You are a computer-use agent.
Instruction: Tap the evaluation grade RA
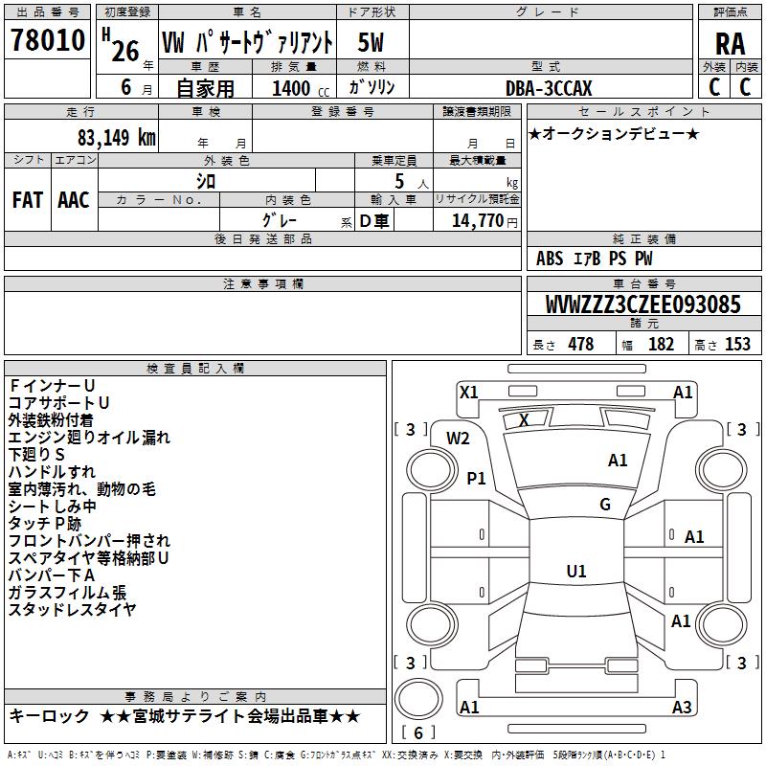pos(730,43)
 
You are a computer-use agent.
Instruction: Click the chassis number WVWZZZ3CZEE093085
pos(642,305)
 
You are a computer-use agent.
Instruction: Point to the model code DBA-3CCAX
pos(550,88)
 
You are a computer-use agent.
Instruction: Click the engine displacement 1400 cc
pos(296,89)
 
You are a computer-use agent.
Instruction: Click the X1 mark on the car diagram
pos(468,392)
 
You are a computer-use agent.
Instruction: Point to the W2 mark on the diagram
pos(458,438)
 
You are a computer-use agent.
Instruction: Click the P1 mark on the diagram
pos(476,478)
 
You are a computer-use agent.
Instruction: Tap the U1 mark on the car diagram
pos(575,571)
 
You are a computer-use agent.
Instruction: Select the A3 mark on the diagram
pos(682,708)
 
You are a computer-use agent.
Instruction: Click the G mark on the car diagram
pos(605,505)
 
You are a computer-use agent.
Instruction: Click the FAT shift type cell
pos(27,200)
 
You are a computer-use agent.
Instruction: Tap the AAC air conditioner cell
pos(74,200)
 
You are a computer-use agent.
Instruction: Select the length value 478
pos(580,345)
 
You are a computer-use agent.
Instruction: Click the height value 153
pos(737,345)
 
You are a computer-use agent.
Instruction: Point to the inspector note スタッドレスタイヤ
pos(72,609)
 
